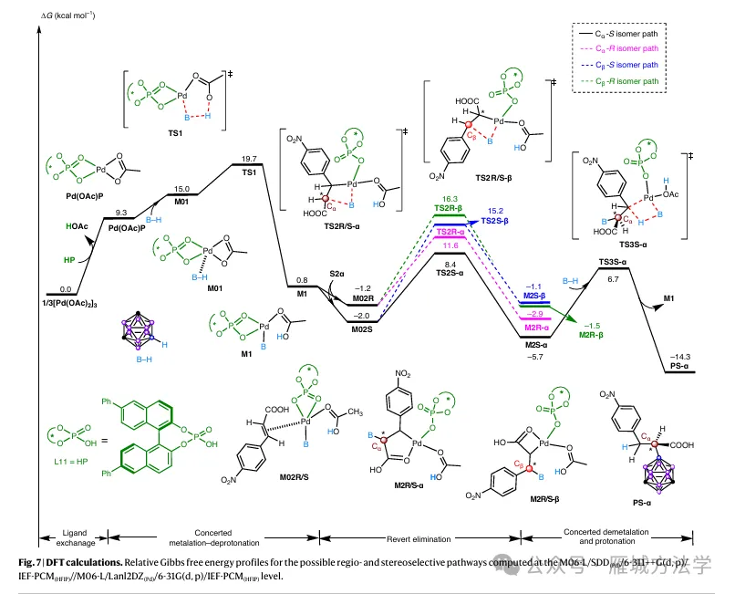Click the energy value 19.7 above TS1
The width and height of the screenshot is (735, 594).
[x=250, y=157]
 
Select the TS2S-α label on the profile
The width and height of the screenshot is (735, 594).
[x=446, y=272]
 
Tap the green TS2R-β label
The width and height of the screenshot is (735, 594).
[x=446, y=208]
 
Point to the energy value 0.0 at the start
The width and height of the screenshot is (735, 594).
[x=38, y=287]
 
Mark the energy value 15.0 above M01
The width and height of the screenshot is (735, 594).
[x=181, y=188]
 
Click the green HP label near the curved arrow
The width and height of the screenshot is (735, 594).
[x=69, y=259]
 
